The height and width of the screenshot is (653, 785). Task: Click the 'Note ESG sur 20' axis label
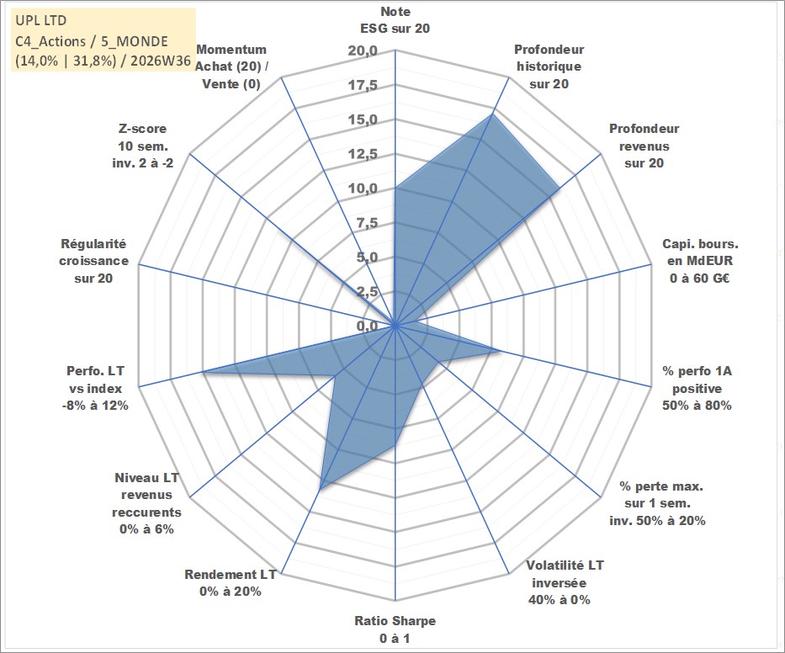click(395, 20)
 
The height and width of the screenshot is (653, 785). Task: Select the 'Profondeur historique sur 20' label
click(549, 66)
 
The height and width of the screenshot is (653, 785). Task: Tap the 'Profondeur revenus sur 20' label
click(644, 146)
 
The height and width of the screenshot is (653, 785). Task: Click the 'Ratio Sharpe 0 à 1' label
click(395, 629)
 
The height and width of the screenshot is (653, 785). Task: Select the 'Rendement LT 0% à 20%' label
click(231, 583)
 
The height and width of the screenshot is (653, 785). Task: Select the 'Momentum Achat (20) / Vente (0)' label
click(231, 66)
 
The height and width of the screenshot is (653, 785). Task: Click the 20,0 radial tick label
click(363, 51)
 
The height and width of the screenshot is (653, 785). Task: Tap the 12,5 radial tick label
click(363, 154)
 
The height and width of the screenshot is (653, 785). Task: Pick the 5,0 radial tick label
click(367, 257)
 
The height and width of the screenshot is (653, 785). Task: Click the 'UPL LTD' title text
click(40, 20)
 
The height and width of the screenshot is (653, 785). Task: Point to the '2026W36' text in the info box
click(161, 61)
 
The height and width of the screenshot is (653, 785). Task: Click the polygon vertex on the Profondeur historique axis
click(491, 114)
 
